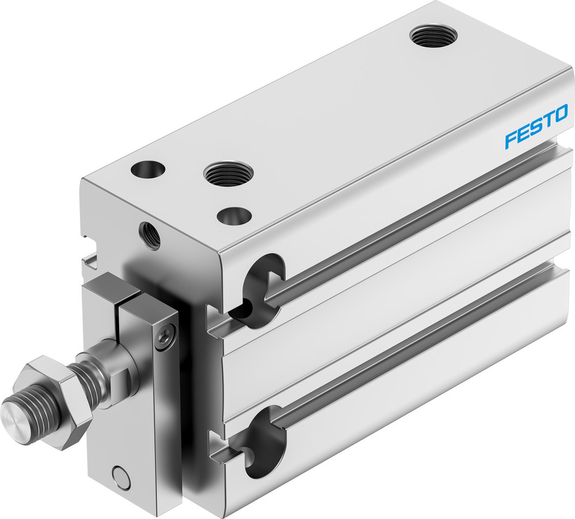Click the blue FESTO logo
coord(536,126)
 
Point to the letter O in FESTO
coord(561,113)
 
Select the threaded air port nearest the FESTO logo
coord(434,36)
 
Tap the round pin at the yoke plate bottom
coord(121,476)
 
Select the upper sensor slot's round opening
coord(262,287)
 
